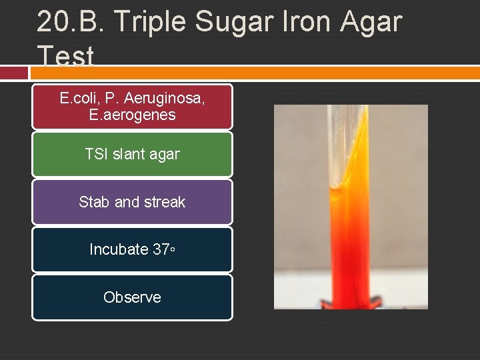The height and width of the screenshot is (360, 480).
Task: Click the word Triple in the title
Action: tap(150, 21)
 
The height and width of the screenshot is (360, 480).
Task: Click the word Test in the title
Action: tap(65, 56)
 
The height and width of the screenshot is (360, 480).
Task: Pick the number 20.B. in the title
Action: tap(71, 21)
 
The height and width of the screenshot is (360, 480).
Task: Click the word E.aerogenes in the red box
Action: tap(132, 115)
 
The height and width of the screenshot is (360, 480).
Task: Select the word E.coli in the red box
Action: tap(79, 99)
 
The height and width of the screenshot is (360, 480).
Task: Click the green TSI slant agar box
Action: tap(132, 154)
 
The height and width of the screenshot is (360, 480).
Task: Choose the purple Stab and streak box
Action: tap(132, 201)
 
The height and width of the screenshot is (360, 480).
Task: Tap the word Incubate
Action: tap(119, 249)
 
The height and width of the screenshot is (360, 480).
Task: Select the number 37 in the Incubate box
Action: tap(161, 249)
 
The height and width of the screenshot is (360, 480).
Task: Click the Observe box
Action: tap(132, 297)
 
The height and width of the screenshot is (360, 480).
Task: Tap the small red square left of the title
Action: tap(13, 72)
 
